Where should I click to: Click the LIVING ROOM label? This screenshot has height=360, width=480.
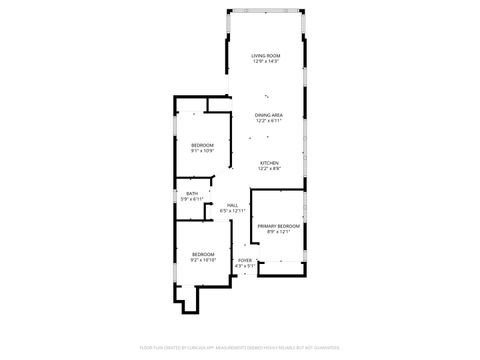coord(265,55)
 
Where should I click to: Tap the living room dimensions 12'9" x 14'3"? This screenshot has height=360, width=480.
coord(265,61)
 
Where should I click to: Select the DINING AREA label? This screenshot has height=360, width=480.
coord(269,115)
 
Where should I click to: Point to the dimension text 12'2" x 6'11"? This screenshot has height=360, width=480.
coord(269,121)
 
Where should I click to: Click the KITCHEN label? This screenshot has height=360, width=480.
coord(269,163)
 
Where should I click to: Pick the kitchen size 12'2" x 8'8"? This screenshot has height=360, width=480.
coord(269,169)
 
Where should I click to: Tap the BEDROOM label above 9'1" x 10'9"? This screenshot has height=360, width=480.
coord(203,146)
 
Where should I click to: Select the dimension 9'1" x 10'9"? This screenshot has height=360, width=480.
coord(203,152)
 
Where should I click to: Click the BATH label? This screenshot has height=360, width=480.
coord(191,194)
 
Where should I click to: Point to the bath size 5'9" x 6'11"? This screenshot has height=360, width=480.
coord(191,200)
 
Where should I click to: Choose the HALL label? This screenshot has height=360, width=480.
coord(232,205)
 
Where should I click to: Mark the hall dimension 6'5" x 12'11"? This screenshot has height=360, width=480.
coord(232,211)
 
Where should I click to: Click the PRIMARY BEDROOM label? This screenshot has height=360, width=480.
coord(279,226)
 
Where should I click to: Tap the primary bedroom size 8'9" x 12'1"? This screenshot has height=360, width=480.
coord(279,232)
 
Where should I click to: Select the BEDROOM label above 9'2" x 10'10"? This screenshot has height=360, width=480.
coord(203,253)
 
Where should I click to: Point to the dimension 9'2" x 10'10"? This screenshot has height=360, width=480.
coord(203,259)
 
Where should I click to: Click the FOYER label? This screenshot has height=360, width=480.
coord(244,260)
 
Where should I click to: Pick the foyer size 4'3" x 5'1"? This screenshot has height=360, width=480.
coord(244,266)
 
